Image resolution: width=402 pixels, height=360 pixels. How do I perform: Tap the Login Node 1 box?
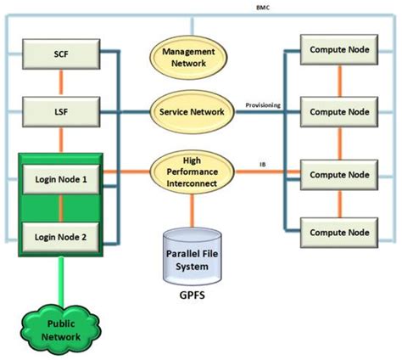pos(61,180)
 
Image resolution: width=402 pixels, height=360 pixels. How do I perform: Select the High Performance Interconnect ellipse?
pos(191,172)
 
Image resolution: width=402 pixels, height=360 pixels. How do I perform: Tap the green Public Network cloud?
pos(61,329)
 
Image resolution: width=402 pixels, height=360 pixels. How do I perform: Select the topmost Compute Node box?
pos(338,49)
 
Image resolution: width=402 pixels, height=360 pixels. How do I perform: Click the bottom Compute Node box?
pos(338,231)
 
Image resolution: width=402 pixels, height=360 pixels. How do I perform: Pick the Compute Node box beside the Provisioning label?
pos(338,110)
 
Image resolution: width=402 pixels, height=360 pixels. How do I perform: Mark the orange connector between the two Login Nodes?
pos(61,208)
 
